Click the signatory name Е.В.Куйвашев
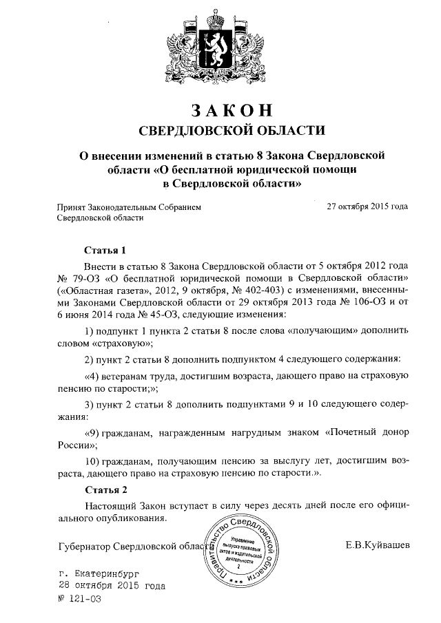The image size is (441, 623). coord(378,545)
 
